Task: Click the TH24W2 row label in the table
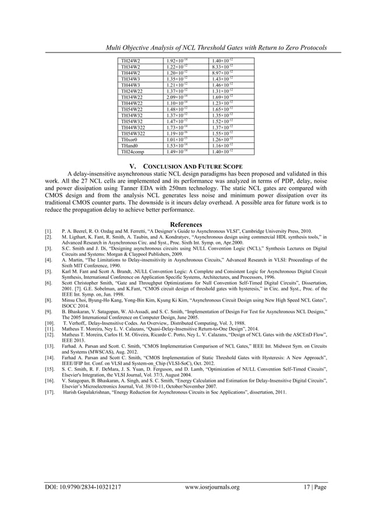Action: click(128, 61)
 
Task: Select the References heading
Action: click(185, 225)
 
